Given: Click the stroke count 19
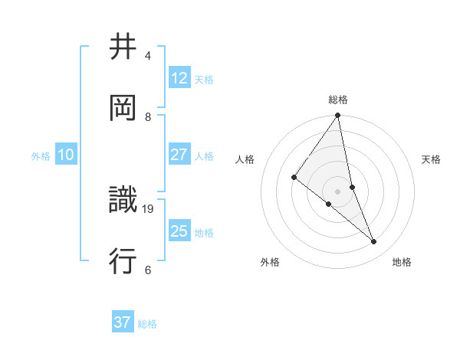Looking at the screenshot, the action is pos(149,208).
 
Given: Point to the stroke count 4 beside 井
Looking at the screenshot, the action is pos(148,56).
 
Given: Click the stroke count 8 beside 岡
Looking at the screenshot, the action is pos(148,117).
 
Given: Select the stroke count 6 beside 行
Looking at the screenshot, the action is pos(148,270).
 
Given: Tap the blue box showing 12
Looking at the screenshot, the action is pos(179,78).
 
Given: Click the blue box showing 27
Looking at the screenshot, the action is pos(179,155).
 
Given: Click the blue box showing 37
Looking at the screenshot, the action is pos(123,322).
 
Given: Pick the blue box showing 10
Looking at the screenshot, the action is pos(66,155).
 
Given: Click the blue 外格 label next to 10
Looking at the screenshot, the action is pos(41,155).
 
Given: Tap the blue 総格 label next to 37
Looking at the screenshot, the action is pos(147,323).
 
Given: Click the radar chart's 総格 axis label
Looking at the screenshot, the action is pos(338,100).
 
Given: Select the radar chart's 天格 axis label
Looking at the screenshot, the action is pos(431,159).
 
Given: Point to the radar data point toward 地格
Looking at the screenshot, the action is pos(374,242).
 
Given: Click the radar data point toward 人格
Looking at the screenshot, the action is pos(294,178).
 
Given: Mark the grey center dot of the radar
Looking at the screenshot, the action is pos(337,191).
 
